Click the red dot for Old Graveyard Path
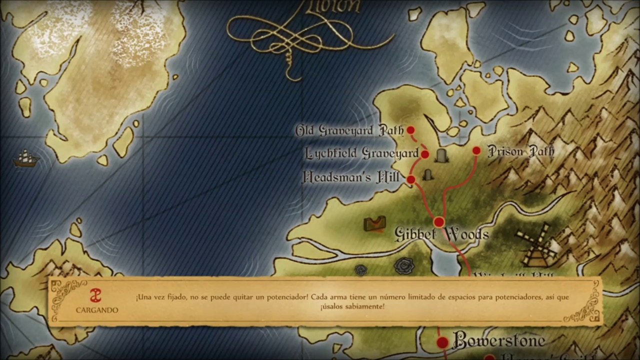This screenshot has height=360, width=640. [x=410, y=130]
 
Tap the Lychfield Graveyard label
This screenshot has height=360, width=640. [x=361, y=153]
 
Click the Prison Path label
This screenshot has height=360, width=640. [x=520, y=151]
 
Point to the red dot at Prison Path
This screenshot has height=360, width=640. [x=476, y=150]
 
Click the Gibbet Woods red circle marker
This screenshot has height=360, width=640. [x=439, y=222]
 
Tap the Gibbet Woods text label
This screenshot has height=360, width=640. [x=441, y=234]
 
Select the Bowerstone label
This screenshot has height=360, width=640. [x=498, y=340]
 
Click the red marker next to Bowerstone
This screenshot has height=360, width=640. [x=442, y=342]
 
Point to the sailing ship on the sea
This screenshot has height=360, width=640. [x=26, y=159]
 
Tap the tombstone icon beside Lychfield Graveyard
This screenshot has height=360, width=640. [x=441, y=155]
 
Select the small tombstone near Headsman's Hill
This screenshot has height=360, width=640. [x=427, y=175]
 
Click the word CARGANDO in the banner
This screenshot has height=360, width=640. [x=97, y=310]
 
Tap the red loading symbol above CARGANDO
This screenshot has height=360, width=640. [x=95, y=295]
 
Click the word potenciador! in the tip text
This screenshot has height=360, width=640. [x=282, y=297]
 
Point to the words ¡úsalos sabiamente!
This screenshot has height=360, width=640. [x=352, y=306]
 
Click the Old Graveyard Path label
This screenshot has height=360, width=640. [x=349, y=131]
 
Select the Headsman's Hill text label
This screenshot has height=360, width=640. [x=351, y=177]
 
